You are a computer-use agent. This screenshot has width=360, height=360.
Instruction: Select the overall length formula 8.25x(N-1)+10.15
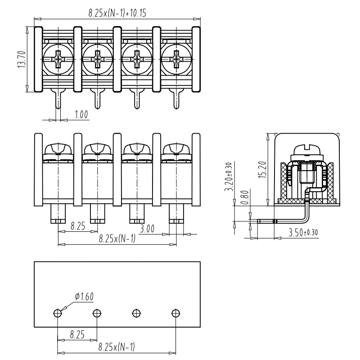pyautogui.click(x=117, y=13)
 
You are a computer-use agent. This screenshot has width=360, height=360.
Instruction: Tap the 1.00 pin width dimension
pyautogui.click(x=81, y=115)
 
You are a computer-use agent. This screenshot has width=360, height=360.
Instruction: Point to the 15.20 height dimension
pyautogui.click(x=263, y=167)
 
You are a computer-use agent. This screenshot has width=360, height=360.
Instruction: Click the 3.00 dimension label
pyautogui.click(x=147, y=229)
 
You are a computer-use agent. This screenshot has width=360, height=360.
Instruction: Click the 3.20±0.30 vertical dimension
pyautogui.click(x=228, y=177)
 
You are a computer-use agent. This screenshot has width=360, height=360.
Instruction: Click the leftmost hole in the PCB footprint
pyautogui.click(x=58, y=313)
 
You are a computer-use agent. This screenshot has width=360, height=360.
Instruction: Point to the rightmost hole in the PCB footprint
pyautogui.click(x=175, y=313)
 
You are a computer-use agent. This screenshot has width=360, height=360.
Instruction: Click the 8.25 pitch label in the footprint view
pyautogui.click(x=78, y=335)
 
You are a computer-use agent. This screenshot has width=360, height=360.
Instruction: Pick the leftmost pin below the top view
pyautogui.click(x=58, y=99)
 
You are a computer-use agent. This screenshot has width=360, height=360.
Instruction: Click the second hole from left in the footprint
pyautogui.click(x=97, y=313)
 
